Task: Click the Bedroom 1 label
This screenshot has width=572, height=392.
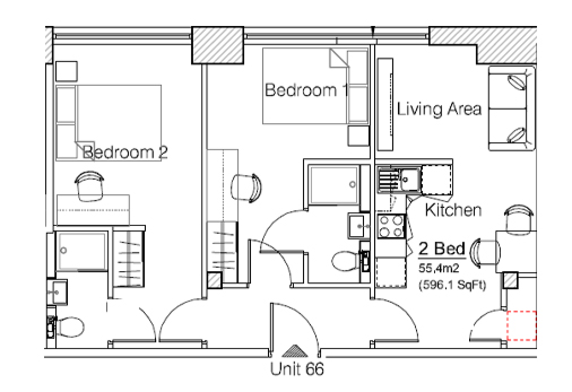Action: (306, 90)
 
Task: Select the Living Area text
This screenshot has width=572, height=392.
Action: (439, 109)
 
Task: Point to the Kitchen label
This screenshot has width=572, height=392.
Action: (453, 210)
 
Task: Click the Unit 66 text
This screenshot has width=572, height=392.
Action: (297, 369)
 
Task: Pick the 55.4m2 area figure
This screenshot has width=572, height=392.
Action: (439, 268)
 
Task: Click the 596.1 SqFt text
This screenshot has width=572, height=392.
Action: (453, 285)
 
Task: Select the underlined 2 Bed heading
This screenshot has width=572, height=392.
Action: (442, 249)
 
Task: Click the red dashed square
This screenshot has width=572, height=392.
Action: (522, 326)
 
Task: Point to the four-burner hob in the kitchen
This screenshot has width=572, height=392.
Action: (392, 226)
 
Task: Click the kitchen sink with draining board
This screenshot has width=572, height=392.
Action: (399, 178)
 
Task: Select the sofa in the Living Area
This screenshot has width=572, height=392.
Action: (512, 108)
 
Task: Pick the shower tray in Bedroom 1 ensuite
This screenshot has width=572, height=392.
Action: (333, 185)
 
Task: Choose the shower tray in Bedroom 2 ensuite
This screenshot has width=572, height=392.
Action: (82, 251)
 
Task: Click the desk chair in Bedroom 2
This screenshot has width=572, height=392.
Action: (89, 186)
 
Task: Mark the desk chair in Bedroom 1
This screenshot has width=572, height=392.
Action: (246, 187)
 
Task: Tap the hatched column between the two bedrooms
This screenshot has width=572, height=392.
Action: (218, 45)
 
